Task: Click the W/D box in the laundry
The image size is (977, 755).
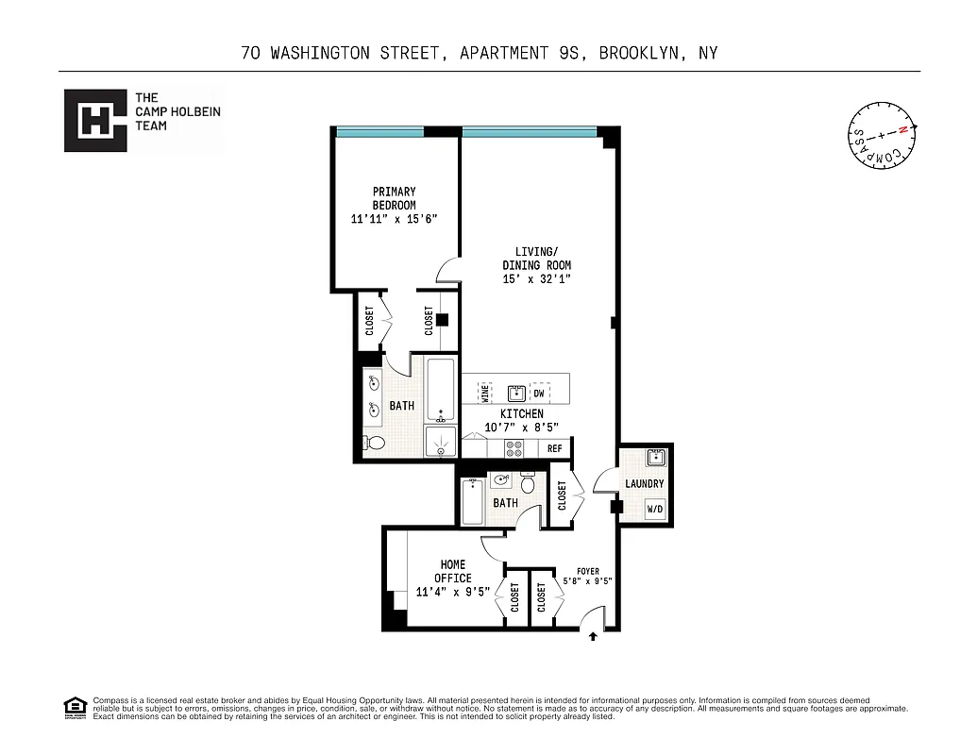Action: pos(654,510)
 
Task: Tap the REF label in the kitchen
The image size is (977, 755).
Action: pos(555,449)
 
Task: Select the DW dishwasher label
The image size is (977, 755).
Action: pos(539,393)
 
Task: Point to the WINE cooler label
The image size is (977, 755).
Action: pos(485,392)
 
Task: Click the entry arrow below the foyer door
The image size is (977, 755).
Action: pos(593,637)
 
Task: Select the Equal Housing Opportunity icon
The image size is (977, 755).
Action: pos(74,707)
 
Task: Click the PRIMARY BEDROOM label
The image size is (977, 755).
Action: pos(394,198)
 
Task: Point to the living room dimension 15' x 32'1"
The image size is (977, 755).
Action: pos(536,278)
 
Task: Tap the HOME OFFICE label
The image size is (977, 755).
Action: pos(453,571)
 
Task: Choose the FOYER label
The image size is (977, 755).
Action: pos(587,571)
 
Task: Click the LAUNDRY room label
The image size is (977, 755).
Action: pos(645,484)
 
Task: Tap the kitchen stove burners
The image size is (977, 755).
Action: pos(515,449)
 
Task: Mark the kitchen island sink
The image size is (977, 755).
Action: pos(515,393)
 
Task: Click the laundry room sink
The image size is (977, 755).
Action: pos(656,459)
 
